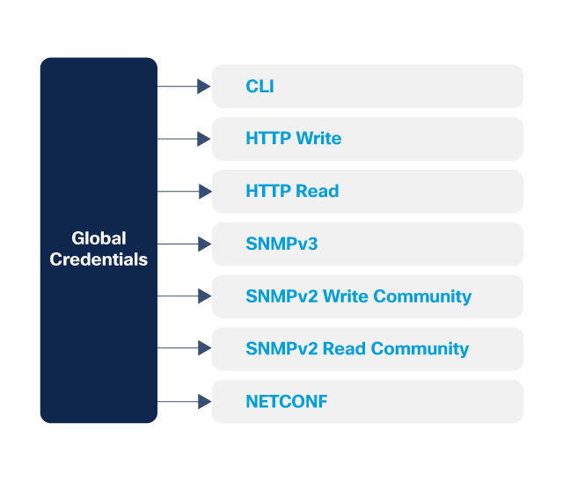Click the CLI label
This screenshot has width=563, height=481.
pyautogui.click(x=260, y=86)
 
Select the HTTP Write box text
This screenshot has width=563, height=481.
pyautogui.click(x=293, y=139)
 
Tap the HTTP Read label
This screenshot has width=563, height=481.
pyautogui.click(x=292, y=191)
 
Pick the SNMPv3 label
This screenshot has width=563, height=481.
pyautogui.click(x=281, y=244)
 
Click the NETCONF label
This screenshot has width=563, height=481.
pyautogui.click(x=286, y=402)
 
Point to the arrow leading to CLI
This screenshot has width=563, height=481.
pyautogui.click(x=184, y=86)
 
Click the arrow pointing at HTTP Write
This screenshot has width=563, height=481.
pyautogui.click(x=184, y=139)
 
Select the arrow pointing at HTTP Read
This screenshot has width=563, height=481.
pyautogui.click(x=184, y=191)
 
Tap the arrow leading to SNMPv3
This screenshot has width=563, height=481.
pyautogui.click(x=184, y=244)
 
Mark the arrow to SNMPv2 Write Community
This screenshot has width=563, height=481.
pyautogui.click(x=184, y=296)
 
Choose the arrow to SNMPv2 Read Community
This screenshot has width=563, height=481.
pyautogui.click(x=184, y=348)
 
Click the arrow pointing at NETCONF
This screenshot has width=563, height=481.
pyautogui.click(x=184, y=402)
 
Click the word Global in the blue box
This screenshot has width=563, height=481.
pyautogui.click(x=99, y=238)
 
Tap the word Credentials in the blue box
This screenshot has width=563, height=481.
pyautogui.click(x=99, y=259)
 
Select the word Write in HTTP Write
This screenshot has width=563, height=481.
pyautogui.click(x=318, y=139)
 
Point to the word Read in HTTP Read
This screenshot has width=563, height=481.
pyautogui.click(x=317, y=191)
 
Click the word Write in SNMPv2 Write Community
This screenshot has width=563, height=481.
pyautogui.click(x=346, y=296)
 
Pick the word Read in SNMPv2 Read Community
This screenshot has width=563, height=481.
pyautogui.click(x=344, y=348)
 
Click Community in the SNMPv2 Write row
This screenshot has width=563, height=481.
pyautogui.click(x=422, y=296)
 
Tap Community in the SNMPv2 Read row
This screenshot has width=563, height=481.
pyautogui.click(x=420, y=348)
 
